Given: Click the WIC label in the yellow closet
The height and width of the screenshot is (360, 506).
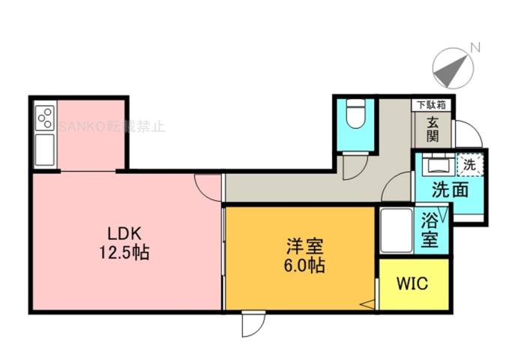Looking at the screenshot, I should [x=412, y=285].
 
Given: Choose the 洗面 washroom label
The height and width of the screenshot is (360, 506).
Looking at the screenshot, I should [x=451, y=190].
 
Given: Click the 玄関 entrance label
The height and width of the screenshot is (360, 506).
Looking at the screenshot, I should [x=433, y=130].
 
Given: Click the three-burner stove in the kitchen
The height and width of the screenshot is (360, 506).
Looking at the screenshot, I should [x=44, y=118].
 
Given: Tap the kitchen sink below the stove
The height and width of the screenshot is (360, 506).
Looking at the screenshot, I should [x=44, y=150].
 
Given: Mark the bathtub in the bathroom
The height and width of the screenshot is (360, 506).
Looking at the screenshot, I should [x=394, y=231].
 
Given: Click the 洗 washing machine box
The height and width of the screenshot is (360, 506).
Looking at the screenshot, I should [x=470, y=163].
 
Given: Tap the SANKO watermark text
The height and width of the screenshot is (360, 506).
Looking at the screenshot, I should [x=112, y=126].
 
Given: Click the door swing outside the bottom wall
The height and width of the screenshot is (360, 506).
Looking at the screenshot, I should [x=253, y=324].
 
